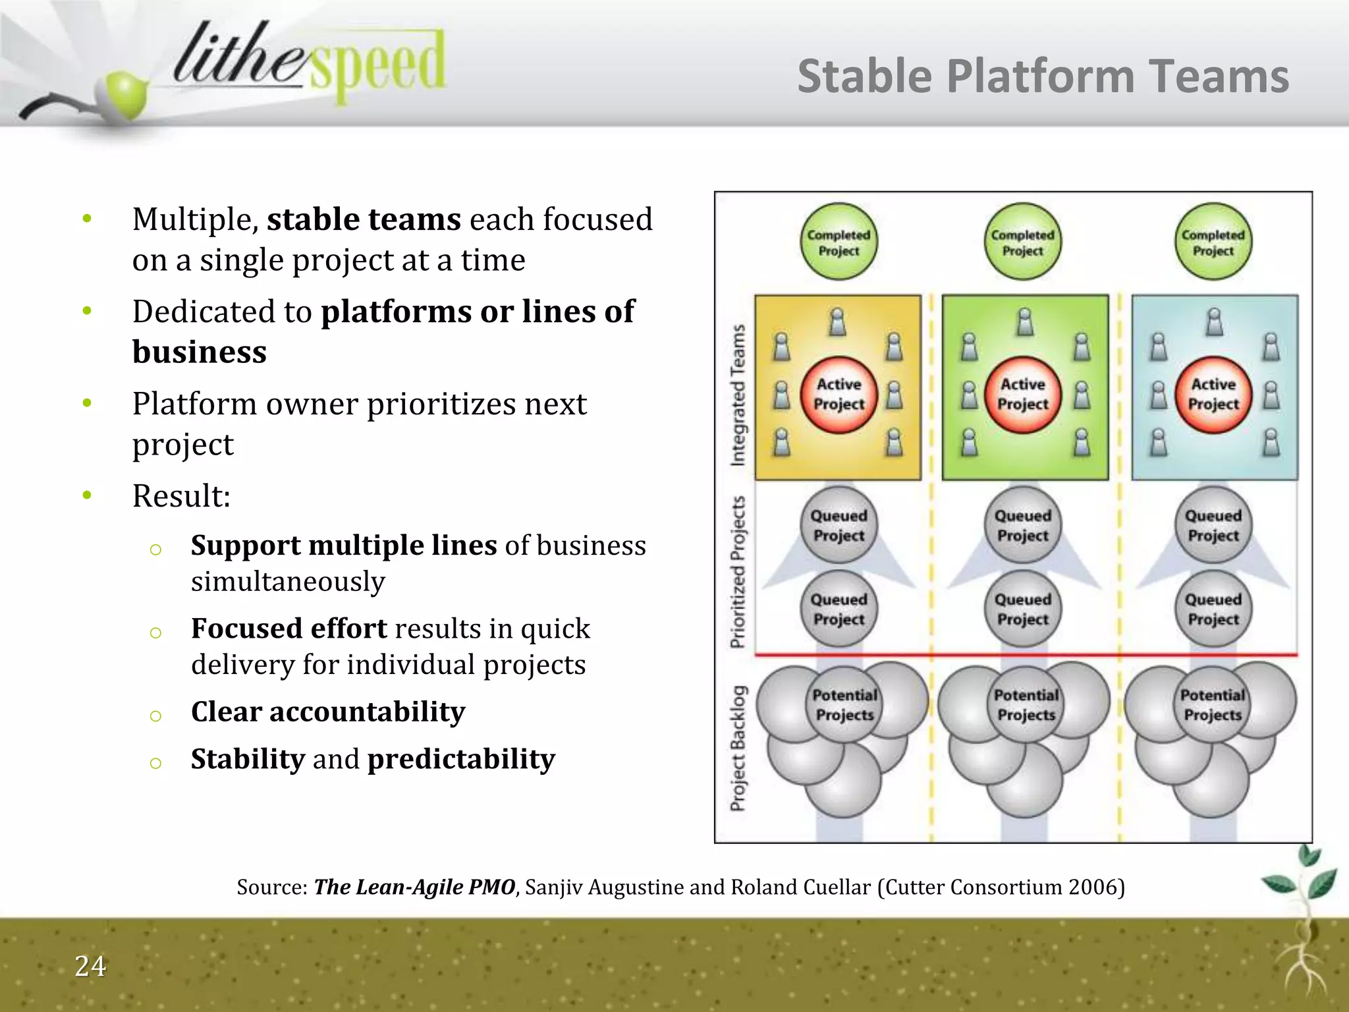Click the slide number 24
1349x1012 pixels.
pos(90,967)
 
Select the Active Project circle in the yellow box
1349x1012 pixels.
pos(839,394)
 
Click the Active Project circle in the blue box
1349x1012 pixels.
pos(1213,394)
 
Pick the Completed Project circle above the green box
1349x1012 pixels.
pos(1022,242)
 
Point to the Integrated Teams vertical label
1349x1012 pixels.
pos(738,395)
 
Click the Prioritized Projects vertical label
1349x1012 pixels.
pos(738,572)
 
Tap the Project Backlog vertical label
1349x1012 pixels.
pos(738,748)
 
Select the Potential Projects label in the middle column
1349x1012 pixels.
pos(1026,705)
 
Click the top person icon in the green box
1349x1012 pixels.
pos(1025,322)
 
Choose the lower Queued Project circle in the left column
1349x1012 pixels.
pos(839,609)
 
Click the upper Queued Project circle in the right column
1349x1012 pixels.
pos(1213,525)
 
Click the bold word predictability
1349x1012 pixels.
pos(461,760)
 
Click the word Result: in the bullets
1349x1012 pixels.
pos(181,496)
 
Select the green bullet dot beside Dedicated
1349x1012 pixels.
pos(87,310)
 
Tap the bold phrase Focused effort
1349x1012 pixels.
pos(289,629)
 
